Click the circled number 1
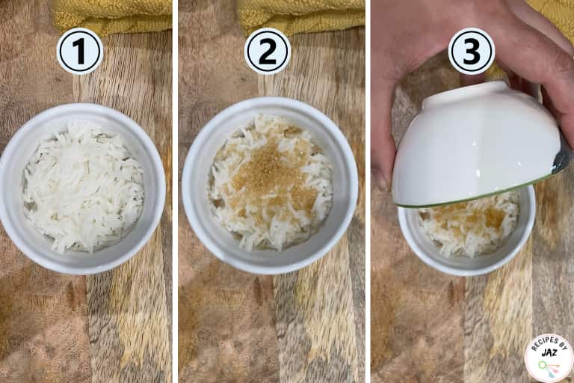coord(80,52)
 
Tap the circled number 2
coord(268,52)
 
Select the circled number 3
coord(472,52)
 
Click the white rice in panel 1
coord(83,186)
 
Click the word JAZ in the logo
coord(549,353)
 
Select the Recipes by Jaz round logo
coord(549,358)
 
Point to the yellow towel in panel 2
coord(302,16)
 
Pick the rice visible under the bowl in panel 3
coord(469,227)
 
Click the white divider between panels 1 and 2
coord(176,191)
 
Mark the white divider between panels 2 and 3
coord(368,191)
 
